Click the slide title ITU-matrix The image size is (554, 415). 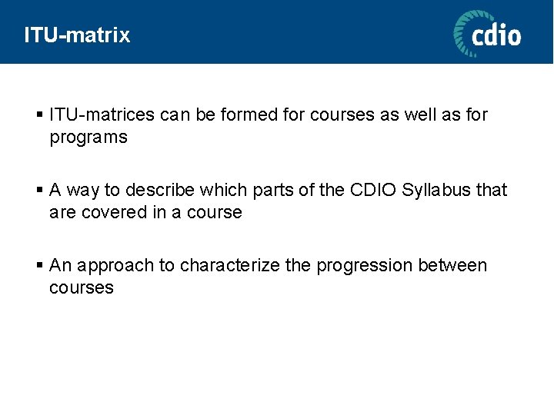click(x=77, y=35)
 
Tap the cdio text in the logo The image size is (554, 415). click(x=496, y=35)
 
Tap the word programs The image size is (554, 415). click(x=88, y=138)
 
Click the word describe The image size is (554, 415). click(x=162, y=190)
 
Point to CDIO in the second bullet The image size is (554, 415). click(x=373, y=190)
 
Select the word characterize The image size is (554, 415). click(x=231, y=265)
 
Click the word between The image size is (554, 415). click(x=453, y=265)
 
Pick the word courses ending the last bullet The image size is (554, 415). click(x=82, y=288)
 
